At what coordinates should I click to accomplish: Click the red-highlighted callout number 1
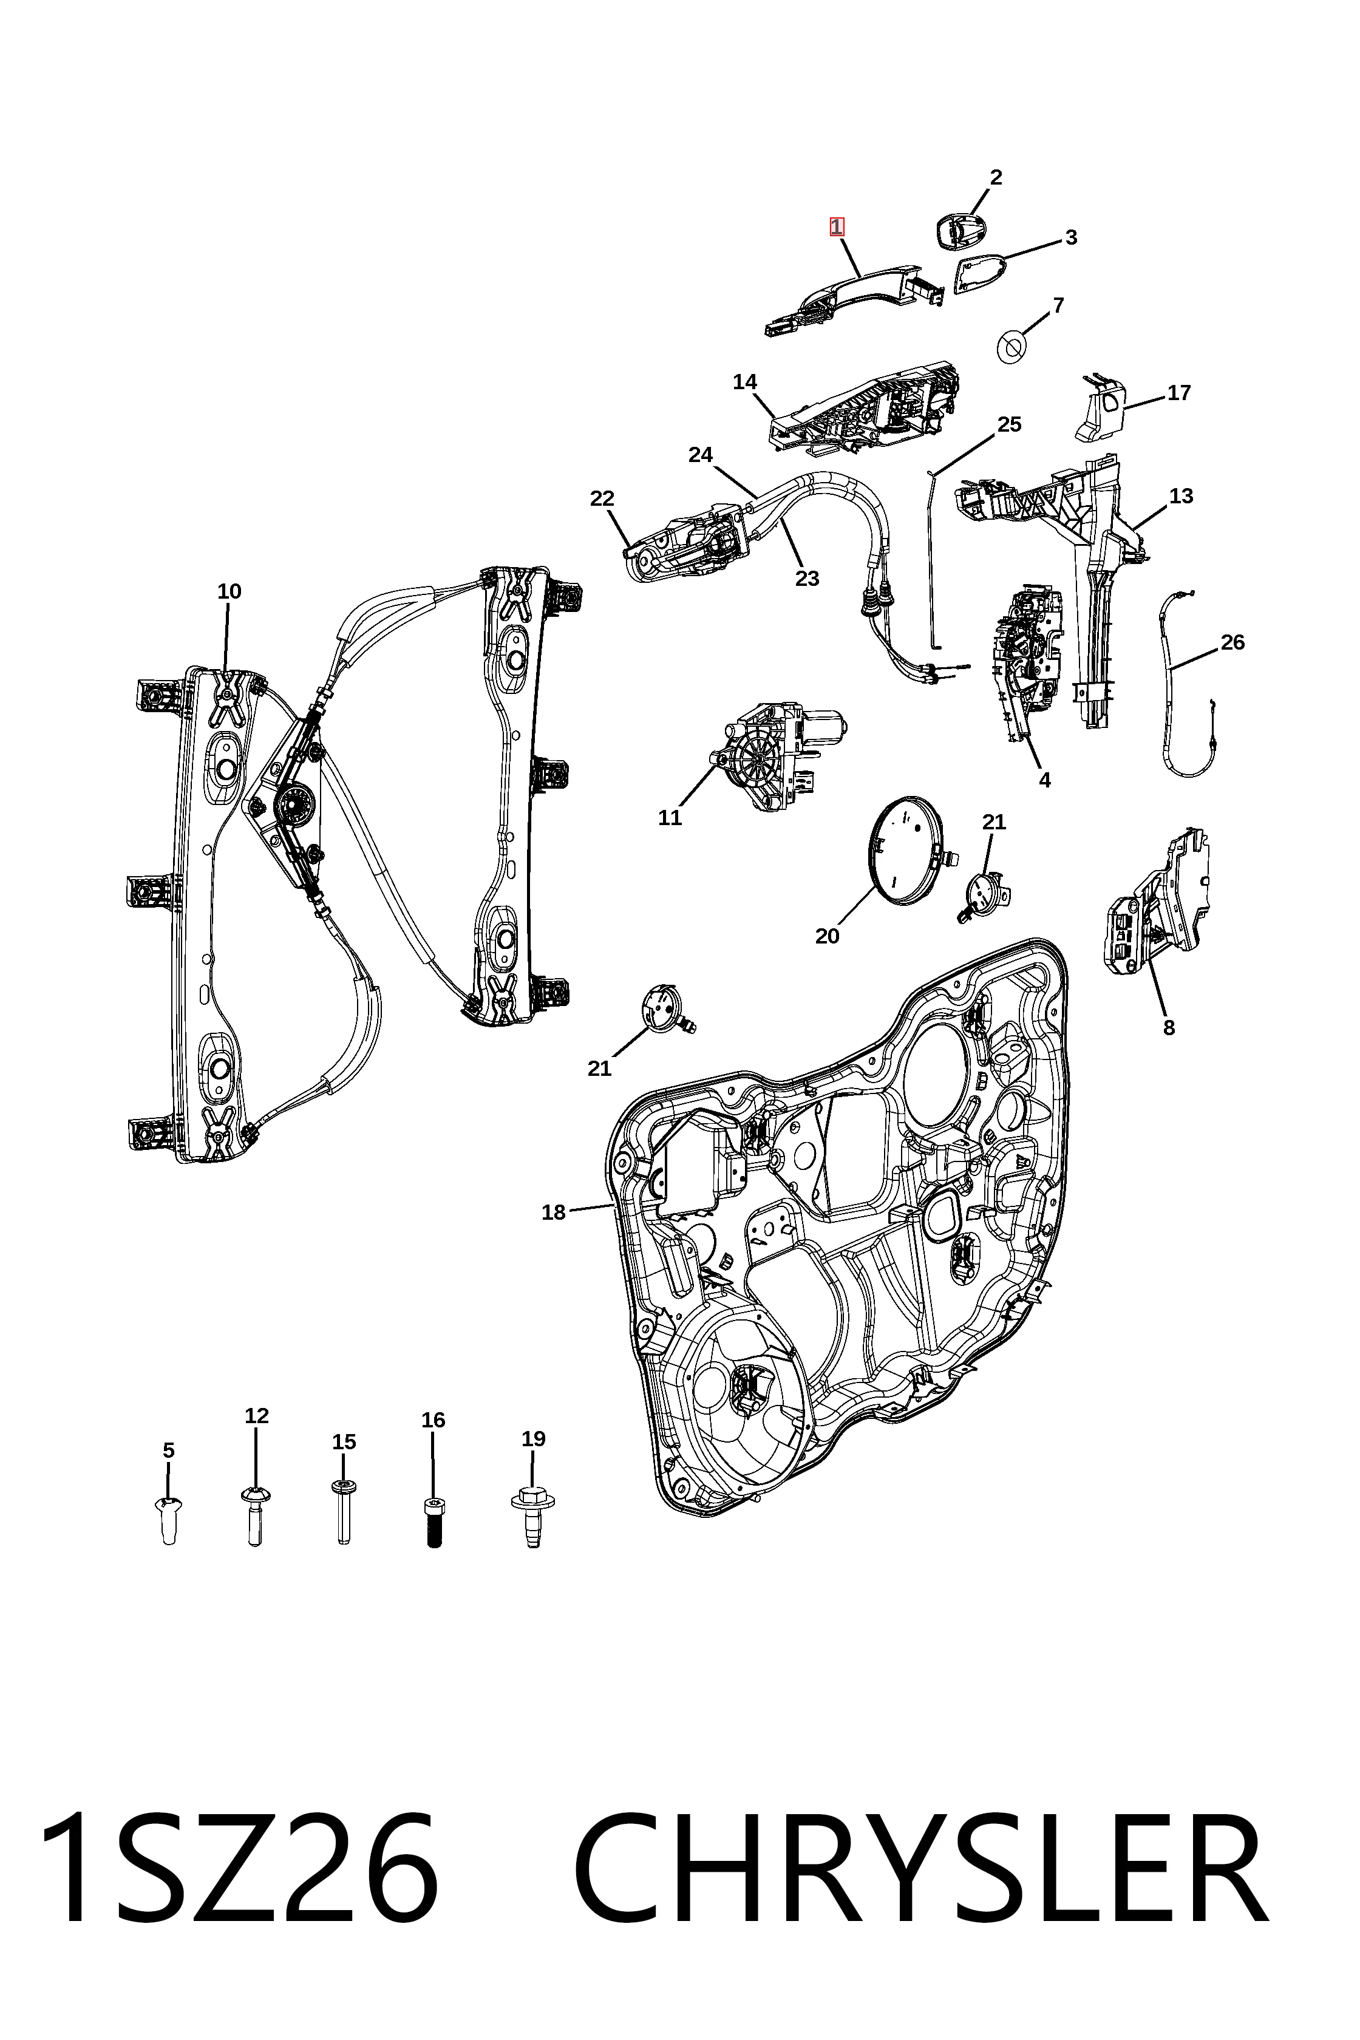click(x=836, y=226)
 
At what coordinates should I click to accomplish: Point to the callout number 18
click(x=553, y=1212)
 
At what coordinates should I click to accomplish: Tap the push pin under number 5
click(x=169, y=1520)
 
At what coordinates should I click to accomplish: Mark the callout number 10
click(x=229, y=591)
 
